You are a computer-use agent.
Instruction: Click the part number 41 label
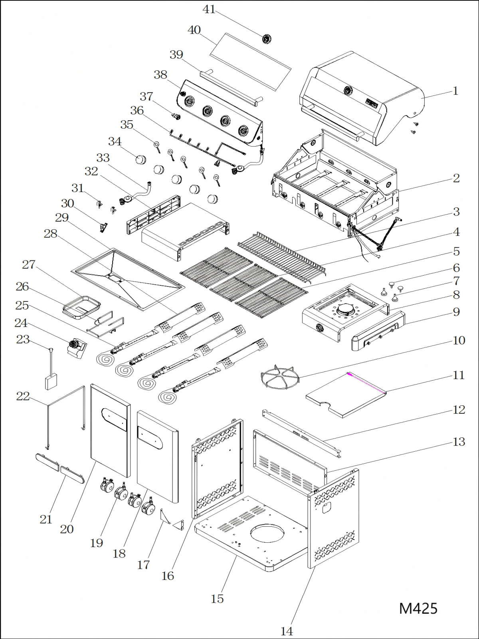[x=209, y=10]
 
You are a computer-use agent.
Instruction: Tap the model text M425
[x=418, y=608]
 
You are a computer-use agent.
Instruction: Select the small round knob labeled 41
[x=266, y=39]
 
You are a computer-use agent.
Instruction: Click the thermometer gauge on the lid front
[x=348, y=91]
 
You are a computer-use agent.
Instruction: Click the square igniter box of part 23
[x=51, y=382]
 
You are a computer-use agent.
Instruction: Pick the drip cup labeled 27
[x=82, y=308]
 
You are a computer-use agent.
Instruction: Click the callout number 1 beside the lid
[x=455, y=91]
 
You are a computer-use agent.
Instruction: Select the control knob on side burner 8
[x=320, y=329]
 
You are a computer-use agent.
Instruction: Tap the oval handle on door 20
[x=114, y=420]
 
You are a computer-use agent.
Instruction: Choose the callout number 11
[x=459, y=375]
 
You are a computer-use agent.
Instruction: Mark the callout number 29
[x=62, y=218]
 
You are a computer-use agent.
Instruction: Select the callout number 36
[x=137, y=111]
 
